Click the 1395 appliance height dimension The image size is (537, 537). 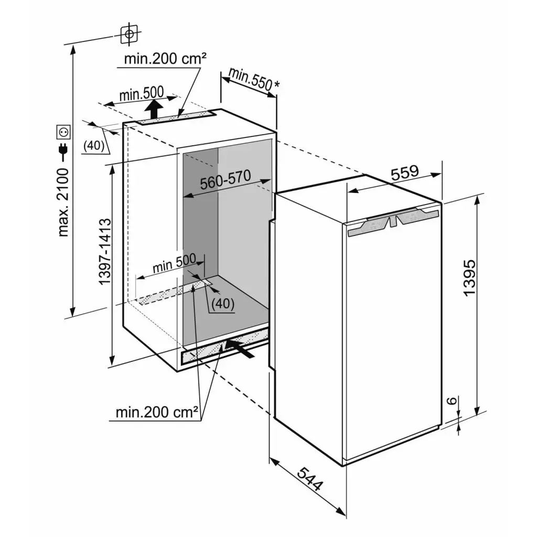[469, 277]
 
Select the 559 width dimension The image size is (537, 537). [405, 173]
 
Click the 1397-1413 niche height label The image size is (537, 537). [105, 251]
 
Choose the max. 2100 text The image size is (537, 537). [63, 202]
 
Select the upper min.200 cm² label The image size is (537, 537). [165, 59]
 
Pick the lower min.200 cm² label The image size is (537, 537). [157, 412]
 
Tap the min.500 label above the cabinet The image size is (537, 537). [142, 93]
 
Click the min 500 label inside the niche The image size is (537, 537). [174, 263]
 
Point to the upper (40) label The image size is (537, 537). [94, 146]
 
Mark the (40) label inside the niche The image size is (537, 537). [222, 304]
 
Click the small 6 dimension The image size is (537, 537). [453, 400]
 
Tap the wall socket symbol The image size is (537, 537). [63, 132]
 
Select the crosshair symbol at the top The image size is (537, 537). [129, 34]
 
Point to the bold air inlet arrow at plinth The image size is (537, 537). [240, 348]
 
